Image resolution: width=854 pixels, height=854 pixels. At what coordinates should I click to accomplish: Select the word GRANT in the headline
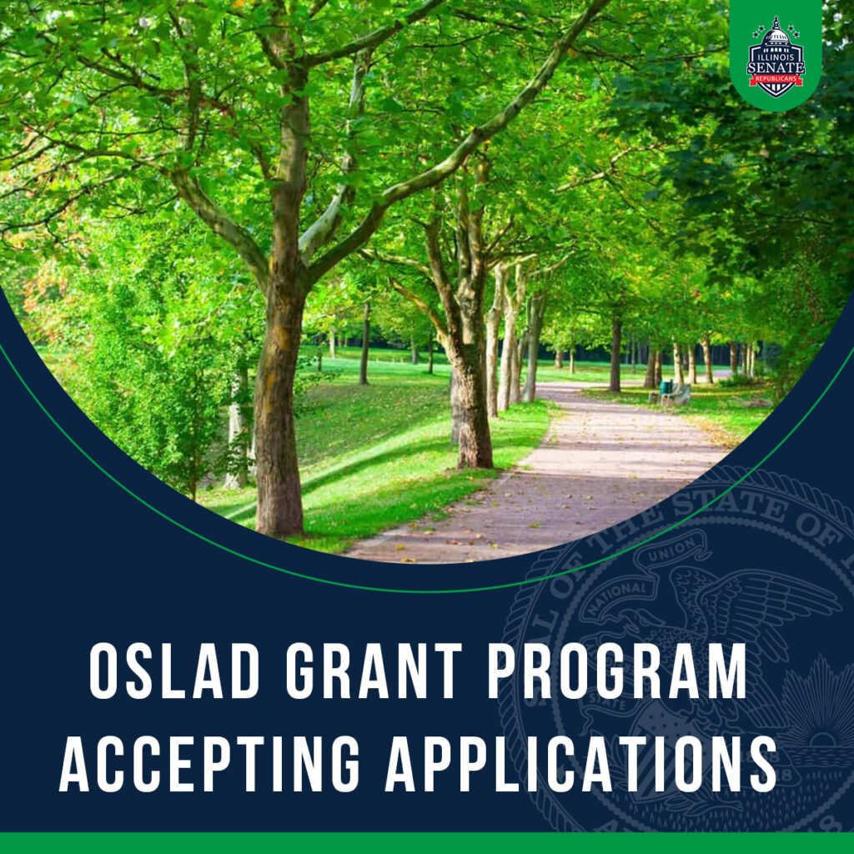point(374,671)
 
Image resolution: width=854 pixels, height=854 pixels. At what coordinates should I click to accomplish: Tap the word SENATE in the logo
point(776,65)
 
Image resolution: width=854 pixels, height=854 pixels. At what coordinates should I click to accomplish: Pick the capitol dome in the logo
point(776,33)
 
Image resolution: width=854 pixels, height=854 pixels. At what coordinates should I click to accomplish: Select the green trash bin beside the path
point(665,388)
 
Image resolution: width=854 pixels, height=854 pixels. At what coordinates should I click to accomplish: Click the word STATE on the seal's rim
point(726,507)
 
